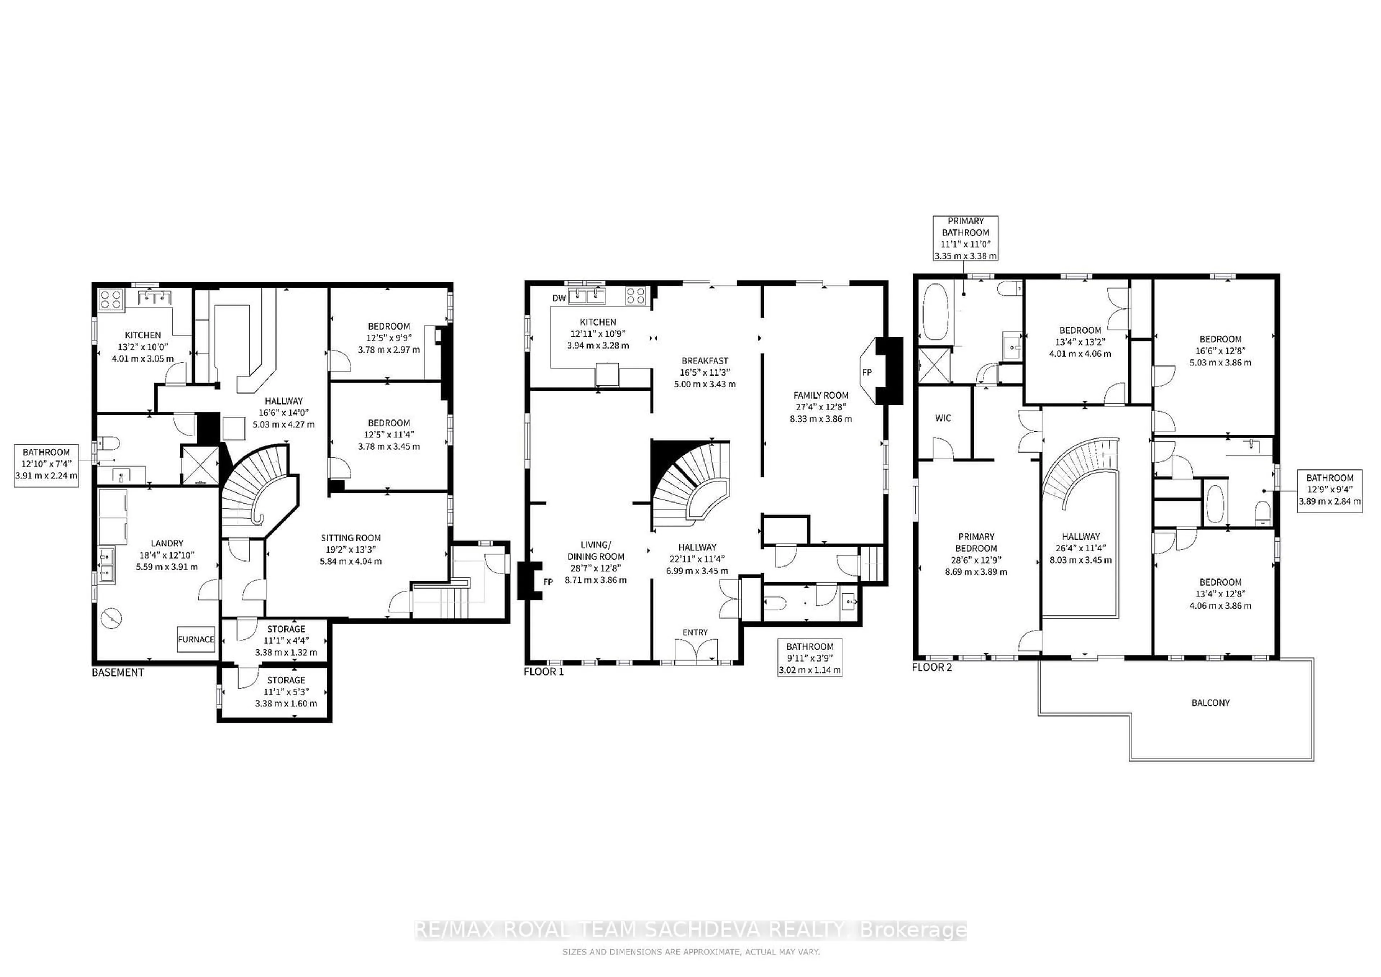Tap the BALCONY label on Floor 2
[1210, 703]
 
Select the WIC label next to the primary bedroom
[943, 418]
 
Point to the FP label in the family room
[867, 372]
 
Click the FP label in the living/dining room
[548, 582]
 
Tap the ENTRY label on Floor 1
[695, 632]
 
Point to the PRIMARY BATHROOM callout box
[965, 238]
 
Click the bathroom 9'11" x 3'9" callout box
[810, 658]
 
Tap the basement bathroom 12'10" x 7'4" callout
[46, 463]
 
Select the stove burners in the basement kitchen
[111, 299]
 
